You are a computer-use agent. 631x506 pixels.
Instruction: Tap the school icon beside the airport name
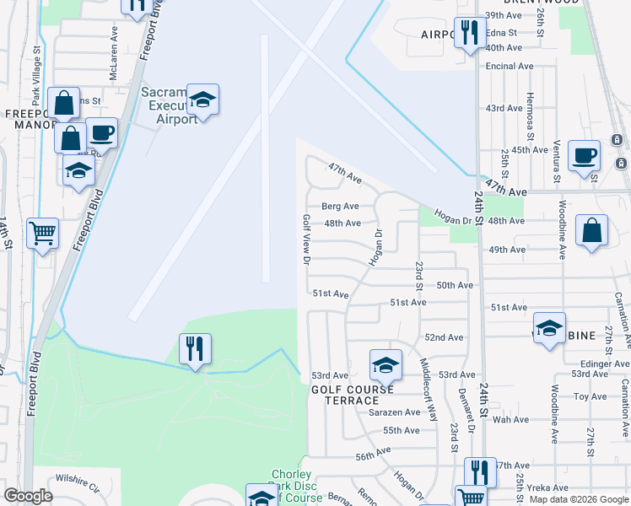(202, 100)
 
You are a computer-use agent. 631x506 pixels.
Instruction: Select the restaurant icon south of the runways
(195, 349)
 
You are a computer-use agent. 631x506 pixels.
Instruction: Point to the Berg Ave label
(340, 206)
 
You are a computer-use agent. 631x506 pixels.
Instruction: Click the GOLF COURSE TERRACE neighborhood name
(353, 395)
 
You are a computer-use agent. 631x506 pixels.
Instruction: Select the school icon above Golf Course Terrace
(386, 365)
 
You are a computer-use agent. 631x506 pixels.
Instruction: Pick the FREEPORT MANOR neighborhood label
(30, 120)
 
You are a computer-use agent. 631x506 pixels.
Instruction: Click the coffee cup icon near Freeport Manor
(101, 133)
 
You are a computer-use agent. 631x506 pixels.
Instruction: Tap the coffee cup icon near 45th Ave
(584, 156)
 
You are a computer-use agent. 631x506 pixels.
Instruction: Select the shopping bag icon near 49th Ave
(592, 230)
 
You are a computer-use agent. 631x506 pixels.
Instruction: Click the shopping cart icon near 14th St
(42, 232)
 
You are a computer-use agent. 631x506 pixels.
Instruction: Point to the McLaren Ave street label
(113, 52)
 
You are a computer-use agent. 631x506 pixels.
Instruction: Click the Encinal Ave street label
(510, 66)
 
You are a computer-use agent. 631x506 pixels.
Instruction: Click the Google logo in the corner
(30, 496)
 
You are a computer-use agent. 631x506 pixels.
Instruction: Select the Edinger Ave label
(600, 363)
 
